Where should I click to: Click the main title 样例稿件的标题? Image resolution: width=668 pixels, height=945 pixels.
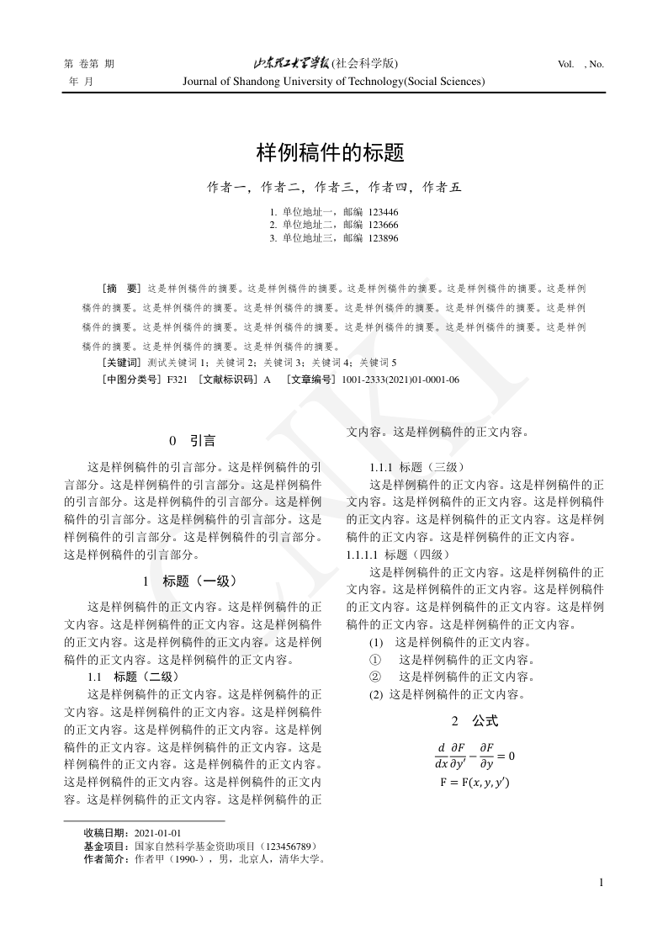[x=331, y=153]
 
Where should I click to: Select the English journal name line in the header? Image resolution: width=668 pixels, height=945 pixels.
[x=333, y=82]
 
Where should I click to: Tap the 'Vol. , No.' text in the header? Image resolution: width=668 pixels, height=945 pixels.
[x=581, y=64]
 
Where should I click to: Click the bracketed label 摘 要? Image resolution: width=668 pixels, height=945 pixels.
[x=120, y=288]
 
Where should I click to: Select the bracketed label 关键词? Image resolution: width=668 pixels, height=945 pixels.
[x=120, y=363]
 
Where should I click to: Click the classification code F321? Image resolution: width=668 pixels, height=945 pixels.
[x=177, y=380]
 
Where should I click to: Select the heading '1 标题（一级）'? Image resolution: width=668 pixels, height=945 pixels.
[x=190, y=581]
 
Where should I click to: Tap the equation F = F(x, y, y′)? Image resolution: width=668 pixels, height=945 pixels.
[x=474, y=782]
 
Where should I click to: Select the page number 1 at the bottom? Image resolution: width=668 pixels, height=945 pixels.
[x=601, y=883]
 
